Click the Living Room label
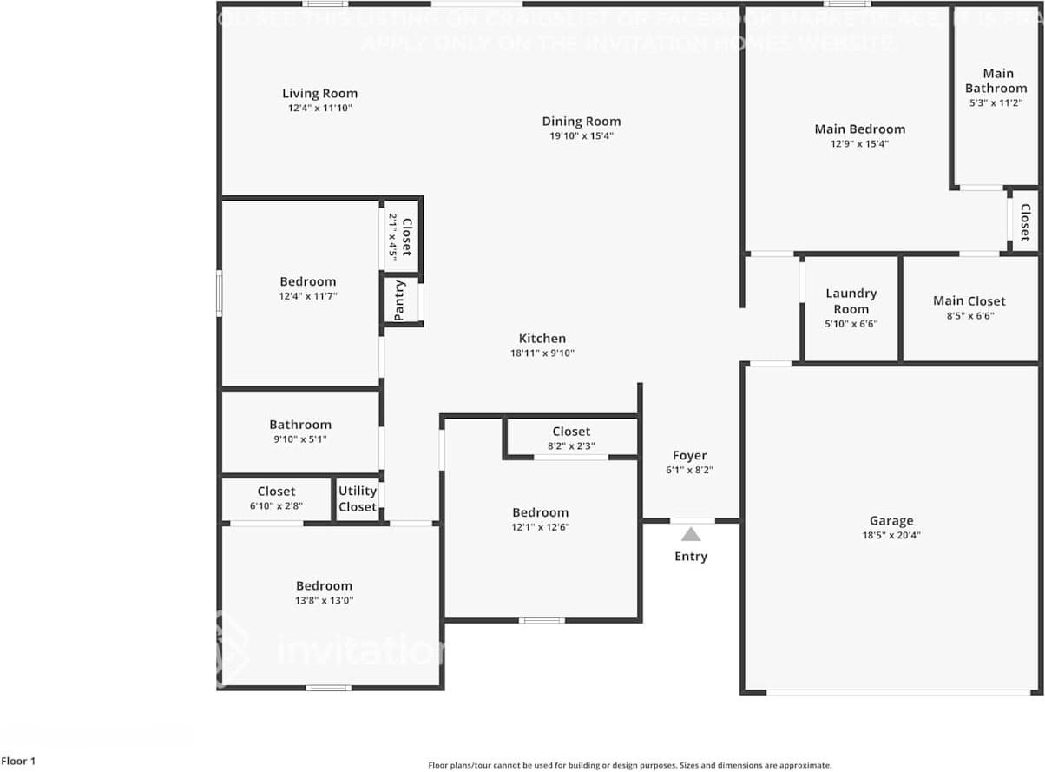click(x=319, y=94)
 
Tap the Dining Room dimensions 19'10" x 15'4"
click(x=582, y=136)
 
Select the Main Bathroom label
click(x=996, y=81)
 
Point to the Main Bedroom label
click(x=859, y=129)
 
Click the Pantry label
click(x=399, y=300)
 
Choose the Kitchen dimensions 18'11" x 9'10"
click(x=542, y=353)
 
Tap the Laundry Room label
click(x=851, y=301)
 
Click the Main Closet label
click(x=969, y=301)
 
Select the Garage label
click(x=891, y=521)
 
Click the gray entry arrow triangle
click(x=691, y=534)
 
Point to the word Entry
click(x=691, y=557)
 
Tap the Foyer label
click(x=690, y=456)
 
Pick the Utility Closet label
click(x=358, y=498)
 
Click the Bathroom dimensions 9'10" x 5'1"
click(x=300, y=439)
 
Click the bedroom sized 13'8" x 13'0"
click(x=324, y=586)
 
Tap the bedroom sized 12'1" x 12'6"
click(x=540, y=513)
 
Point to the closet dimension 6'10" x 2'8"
click(x=276, y=505)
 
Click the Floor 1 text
click(x=18, y=762)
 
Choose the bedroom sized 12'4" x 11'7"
click(x=307, y=282)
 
